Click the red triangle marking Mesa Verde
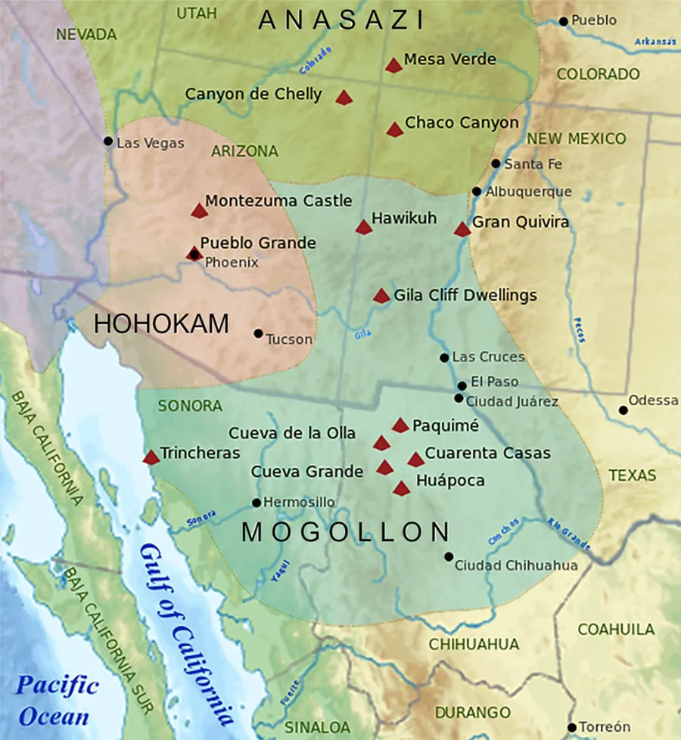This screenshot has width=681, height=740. tap(393, 66)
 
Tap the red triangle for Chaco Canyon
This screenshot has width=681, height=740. tap(395, 130)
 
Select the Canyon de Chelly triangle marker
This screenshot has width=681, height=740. tap(344, 98)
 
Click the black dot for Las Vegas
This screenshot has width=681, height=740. tap(108, 141)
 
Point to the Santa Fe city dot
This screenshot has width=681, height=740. tap(496, 163)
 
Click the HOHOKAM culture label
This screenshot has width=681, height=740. tap(161, 324)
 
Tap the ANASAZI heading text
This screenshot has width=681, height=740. tap(341, 20)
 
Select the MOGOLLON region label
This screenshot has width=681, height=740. tap(346, 533)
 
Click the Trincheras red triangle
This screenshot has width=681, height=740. tap(151, 457)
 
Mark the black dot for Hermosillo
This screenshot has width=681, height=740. tap(257, 503)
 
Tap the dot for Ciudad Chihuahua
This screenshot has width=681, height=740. tap(449, 557)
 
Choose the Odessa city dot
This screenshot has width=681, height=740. tap(623, 410)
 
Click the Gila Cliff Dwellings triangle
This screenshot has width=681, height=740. tap(381, 296)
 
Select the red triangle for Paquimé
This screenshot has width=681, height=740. tap(400, 426)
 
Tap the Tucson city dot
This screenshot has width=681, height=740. tap(258, 333)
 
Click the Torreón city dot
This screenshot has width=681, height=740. tap(572, 727)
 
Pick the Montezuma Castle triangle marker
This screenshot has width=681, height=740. tap(199, 211)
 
